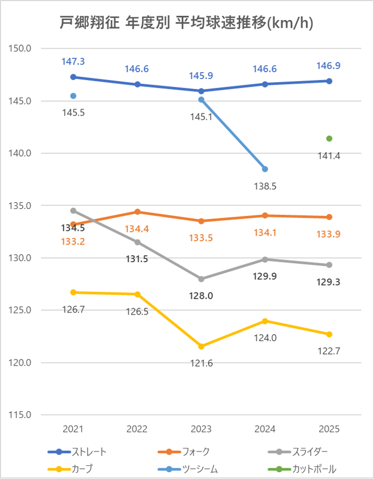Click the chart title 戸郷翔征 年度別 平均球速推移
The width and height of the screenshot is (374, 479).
click(186, 23)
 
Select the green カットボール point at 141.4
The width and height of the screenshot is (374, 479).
click(329, 138)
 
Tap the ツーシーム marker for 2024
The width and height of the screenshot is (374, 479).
click(265, 169)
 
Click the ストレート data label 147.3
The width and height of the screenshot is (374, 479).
click(73, 62)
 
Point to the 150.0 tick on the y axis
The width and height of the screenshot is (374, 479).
click(21, 49)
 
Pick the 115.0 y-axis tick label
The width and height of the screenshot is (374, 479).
click(21, 415)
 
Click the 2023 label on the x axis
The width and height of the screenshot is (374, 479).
click(201, 429)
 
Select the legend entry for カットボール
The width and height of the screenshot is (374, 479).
click(302, 469)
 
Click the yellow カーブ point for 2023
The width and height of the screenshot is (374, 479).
click(201, 346)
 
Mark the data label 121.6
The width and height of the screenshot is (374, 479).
click(201, 363)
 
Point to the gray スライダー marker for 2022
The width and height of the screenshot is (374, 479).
click(137, 242)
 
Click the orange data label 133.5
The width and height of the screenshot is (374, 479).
click(201, 238)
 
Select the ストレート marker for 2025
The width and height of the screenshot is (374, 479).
click(329, 81)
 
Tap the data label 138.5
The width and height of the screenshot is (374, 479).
click(265, 186)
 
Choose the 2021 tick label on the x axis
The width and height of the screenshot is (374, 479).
click(73, 429)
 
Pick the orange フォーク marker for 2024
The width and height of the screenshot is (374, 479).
click(265, 215)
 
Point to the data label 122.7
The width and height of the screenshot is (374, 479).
click(329, 351)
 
